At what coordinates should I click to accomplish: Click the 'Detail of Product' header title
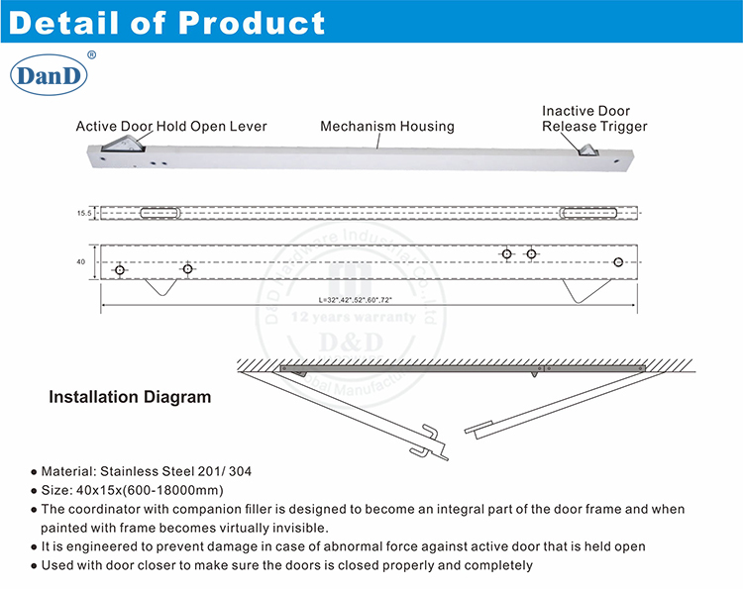point(166,22)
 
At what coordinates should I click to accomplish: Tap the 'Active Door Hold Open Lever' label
point(171,127)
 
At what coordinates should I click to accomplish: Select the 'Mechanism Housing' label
point(386,127)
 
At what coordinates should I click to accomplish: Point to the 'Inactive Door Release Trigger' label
point(593,119)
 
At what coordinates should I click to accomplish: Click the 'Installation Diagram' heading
point(130,398)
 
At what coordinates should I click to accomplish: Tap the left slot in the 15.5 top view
point(160,212)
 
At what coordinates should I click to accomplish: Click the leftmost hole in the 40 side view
point(120,269)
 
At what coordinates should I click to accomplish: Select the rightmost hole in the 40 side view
point(619,262)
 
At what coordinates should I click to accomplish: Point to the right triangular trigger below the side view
point(580,290)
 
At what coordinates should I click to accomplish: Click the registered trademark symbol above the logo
point(91,55)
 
